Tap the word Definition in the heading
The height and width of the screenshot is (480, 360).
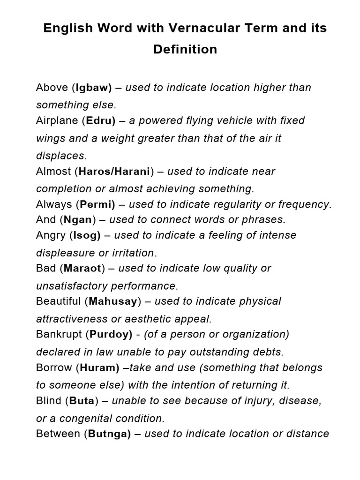[x=185, y=49]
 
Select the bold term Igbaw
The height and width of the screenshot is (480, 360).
[x=92, y=88]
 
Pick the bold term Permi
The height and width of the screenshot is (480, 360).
[x=97, y=204]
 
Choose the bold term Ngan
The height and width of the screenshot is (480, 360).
[x=78, y=219]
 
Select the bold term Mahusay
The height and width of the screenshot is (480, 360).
[x=112, y=301]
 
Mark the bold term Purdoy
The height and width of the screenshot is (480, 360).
[x=110, y=334]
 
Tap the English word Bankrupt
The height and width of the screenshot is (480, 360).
[x=59, y=334]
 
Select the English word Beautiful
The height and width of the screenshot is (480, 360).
[x=59, y=301]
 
